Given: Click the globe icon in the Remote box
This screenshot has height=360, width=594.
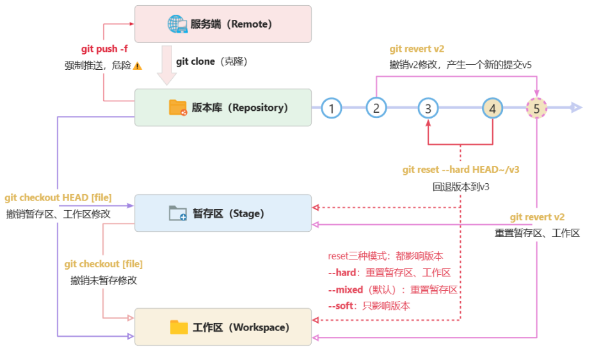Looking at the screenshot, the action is [177, 24].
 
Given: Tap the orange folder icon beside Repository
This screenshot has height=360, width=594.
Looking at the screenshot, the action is [178, 108].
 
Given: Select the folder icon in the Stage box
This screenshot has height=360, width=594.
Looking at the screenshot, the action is [178, 213].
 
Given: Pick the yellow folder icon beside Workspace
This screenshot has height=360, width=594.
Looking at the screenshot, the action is [179, 327].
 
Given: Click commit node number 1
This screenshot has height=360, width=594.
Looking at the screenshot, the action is [332, 108].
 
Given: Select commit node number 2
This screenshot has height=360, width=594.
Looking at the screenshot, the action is [376, 108].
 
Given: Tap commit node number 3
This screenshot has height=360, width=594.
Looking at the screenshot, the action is [428, 108].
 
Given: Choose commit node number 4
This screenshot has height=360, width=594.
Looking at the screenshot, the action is [492, 108].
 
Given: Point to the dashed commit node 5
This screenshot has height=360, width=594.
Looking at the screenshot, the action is [536, 108].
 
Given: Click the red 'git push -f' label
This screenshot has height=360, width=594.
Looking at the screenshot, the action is [104, 49].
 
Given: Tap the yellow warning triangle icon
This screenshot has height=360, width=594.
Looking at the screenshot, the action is [138, 66].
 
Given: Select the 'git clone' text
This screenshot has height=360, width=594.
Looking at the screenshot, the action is [195, 61].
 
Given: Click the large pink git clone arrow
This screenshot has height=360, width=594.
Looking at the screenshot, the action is [166, 65].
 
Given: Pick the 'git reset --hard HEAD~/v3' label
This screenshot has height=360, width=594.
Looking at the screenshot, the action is [461, 169].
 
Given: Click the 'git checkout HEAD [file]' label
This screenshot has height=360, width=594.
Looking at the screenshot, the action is [58, 197].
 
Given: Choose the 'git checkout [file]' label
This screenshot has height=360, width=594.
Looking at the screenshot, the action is [104, 264].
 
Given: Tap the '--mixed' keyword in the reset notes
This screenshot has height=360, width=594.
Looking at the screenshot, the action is [346, 290].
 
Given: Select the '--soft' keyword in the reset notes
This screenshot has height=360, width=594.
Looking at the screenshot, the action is [341, 306].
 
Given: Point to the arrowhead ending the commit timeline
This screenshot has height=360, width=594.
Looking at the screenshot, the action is [576, 108].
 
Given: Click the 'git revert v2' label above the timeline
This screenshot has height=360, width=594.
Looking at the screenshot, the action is [417, 49].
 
